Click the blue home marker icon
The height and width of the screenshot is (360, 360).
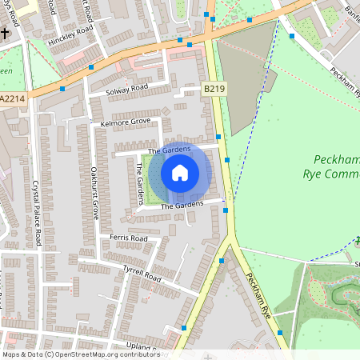[x=180, y=172]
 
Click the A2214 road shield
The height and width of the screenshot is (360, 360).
[x=11, y=98]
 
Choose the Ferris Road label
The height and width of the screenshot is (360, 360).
[x=129, y=238]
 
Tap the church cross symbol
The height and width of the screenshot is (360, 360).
[x=5, y=34]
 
